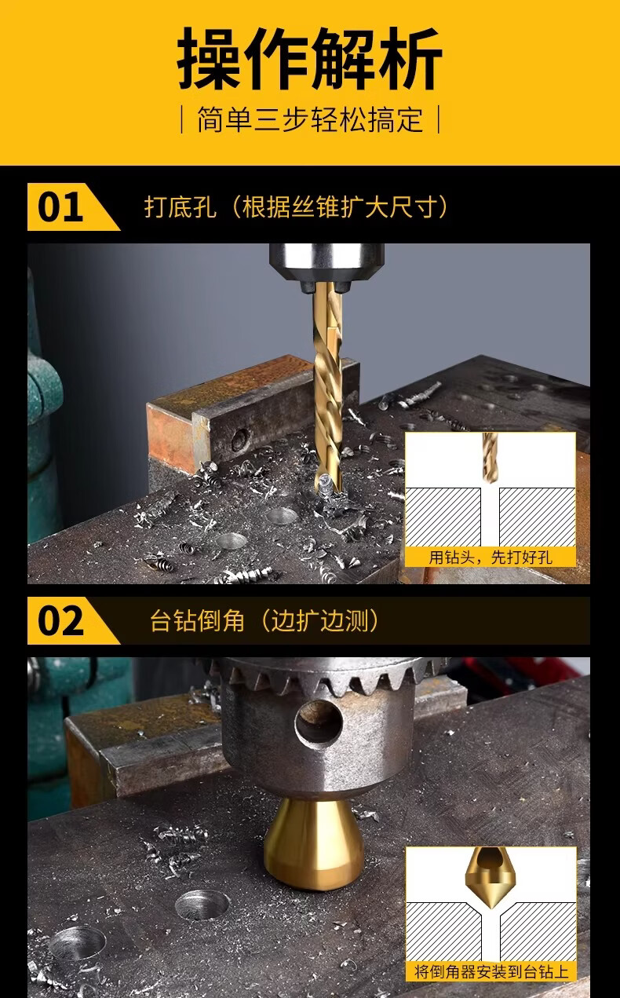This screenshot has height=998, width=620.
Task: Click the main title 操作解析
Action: click(309, 58)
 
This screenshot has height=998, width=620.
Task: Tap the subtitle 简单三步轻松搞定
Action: click(310, 119)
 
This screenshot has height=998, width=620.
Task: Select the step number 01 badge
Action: click(74, 207)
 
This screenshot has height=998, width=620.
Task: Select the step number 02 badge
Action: click(74, 620)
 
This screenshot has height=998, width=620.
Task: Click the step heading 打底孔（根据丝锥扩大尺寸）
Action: click(295, 207)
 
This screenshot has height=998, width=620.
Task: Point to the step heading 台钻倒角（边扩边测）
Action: click(264, 620)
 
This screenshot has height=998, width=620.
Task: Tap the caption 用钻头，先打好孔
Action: click(491, 557)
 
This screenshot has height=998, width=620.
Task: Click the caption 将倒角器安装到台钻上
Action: click(491, 972)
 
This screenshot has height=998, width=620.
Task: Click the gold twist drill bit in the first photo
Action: click(328, 388)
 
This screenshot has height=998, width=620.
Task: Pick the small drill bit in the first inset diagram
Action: click(490, 457)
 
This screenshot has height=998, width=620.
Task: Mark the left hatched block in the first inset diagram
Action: click(443, 517)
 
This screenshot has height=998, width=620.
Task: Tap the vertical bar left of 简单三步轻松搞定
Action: click(182, 119)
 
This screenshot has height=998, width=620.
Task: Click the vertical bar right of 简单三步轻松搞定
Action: click(439, 119)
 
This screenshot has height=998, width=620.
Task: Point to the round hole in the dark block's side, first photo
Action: click(240, 440)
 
